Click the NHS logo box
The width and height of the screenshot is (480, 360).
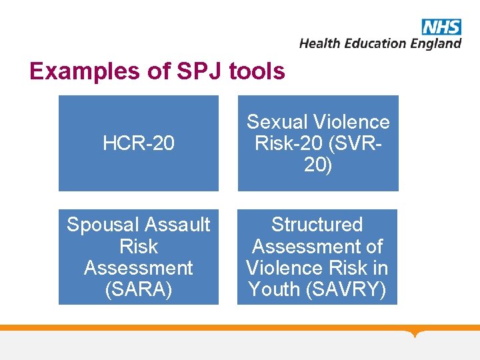pyautogui.click(x=441, y=27)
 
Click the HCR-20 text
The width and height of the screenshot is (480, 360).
pyautogui.click(x=139, y=143)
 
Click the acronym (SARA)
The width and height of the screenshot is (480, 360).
pyautogui.click(x=139, y=290)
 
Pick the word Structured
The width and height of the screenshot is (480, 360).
pyautogui.click(x=317, y=225)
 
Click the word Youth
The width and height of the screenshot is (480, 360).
pyautogui.click(x=275, y=290)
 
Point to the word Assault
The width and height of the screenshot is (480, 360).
pyautogui.click(x=177, y=225)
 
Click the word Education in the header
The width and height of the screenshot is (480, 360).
pyautogui.click(x=375, y=43)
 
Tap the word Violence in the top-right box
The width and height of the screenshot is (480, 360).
pyautogui.click(x=353, y=122)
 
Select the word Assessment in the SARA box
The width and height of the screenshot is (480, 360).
pyautogui.click(x=139, y=268)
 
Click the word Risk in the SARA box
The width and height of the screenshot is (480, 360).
pyautogui.click(x=139, y=247)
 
